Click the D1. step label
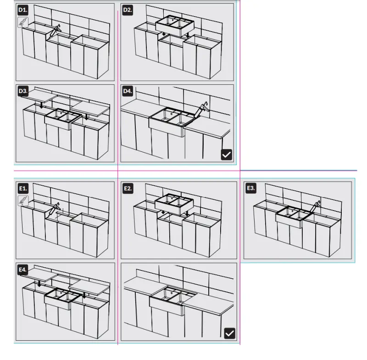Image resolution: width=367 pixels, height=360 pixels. [x=23, y=10]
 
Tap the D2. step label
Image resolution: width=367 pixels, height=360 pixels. [x=128, y=10]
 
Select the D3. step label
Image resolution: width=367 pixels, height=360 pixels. [x=23, y=91]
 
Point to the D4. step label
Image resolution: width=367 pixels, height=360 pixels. [x=128, y=91]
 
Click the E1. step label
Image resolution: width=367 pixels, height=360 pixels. [x=23, y=188]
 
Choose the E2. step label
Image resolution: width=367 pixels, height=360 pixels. [x=128, y=188]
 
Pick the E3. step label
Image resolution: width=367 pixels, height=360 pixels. [x=250, y=188]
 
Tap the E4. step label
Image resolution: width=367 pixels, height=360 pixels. [x=22, y=270]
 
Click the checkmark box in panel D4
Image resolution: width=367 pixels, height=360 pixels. [x=227, y=155]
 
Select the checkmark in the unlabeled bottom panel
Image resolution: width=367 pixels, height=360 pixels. [x=230, y=333]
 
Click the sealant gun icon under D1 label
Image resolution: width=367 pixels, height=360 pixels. [x=23, y=22]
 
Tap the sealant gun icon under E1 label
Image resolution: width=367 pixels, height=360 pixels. [x=23, y=201]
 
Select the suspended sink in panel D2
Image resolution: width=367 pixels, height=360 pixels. [x=175, y=25]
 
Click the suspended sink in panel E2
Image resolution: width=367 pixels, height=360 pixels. [x=174, y=204]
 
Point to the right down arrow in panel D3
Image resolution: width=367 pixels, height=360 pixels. [x=87, y=116]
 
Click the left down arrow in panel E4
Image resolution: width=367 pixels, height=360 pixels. [x=39, y=284]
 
